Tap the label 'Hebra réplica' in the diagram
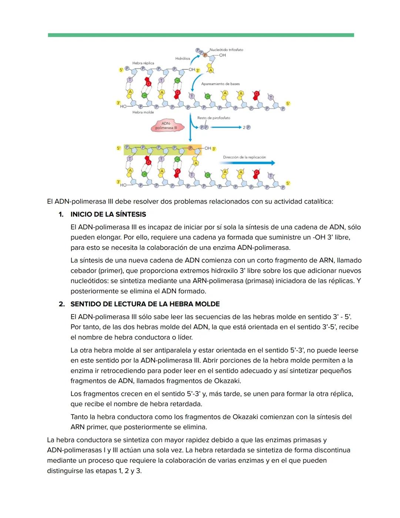(x=143, y=63)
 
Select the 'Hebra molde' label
(x=143, y=112)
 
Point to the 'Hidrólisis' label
(x=183, y=59)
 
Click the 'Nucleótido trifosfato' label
(x=226, y=50)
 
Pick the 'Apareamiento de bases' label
(x=220, y=84)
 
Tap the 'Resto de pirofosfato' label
(x=214, y=118)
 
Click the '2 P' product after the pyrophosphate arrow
(x=247, y=127)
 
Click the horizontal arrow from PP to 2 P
(x=226, y=127)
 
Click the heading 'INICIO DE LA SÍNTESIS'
(x=108, y=214)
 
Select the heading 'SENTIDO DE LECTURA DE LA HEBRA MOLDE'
(x=145, y=304)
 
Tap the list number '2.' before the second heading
(x=62, y=304)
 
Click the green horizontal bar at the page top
(x=201, y=35)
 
